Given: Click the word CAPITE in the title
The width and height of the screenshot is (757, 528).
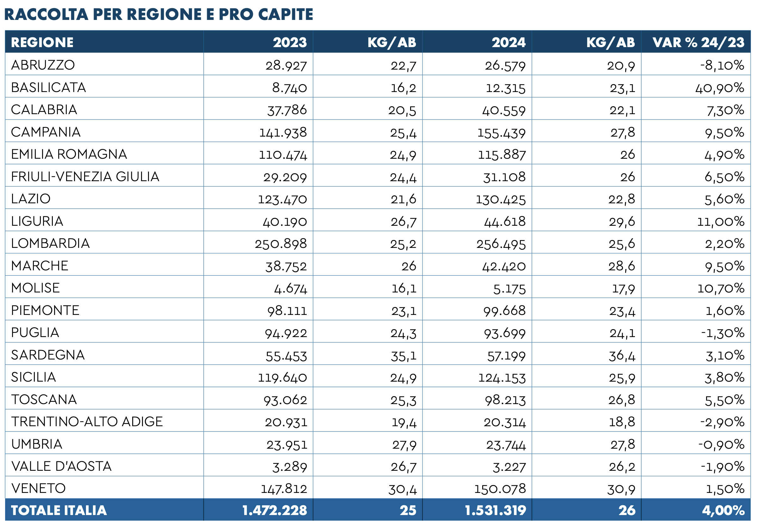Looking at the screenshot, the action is pos(286,14).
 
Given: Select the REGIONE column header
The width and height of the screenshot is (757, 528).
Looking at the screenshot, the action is pos(42,42).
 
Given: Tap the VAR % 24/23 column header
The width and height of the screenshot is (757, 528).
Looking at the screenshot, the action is pos(698,42).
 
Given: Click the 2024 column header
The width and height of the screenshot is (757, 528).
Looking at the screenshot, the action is pos(509,42).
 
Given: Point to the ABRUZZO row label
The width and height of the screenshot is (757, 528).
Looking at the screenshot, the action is pos(43,65).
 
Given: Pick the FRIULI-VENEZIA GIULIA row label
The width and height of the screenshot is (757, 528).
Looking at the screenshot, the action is pos(85,177).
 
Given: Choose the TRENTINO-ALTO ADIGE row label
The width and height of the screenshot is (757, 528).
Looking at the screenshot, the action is pos(87,421).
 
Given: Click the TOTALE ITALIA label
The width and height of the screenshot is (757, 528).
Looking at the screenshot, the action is pos(59,510).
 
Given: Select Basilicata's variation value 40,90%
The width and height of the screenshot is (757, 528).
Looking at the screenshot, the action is pos(720,88).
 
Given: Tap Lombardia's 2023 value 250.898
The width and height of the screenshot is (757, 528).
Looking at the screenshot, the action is pos(280,244).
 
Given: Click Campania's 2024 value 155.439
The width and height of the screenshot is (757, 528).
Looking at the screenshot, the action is pos(502,133).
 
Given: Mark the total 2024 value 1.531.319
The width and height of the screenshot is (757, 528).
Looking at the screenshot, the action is pos(495,510).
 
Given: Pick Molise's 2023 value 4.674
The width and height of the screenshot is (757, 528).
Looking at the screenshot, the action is pos(291,289).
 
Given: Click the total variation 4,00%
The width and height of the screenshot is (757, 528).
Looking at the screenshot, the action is pos(723,511).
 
